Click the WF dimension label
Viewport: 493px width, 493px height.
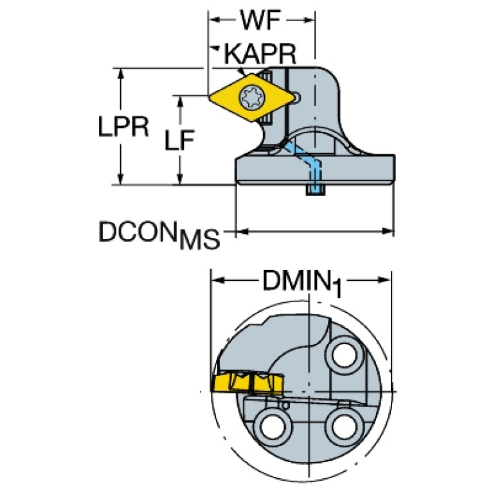pyautogui.click(x=262, y=22)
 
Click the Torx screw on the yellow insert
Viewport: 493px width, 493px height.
pyautogui.click(x=249, y=98)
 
